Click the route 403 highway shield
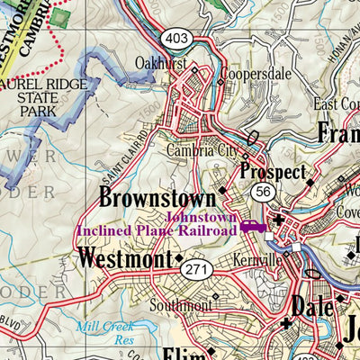175,38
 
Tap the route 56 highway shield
263,193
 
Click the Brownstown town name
157,197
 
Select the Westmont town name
123,259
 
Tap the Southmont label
180,305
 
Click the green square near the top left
60,16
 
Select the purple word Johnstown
202,217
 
